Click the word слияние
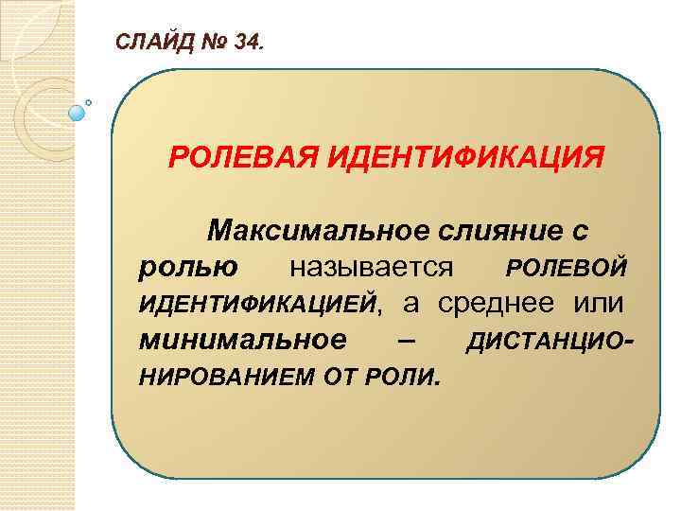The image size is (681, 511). [502, 230]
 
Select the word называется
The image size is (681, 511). [372, 267]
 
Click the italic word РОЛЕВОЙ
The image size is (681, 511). [566, 268]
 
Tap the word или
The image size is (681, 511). [598, 304]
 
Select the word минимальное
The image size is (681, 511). [242, 341]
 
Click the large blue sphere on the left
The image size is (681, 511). [77, 113]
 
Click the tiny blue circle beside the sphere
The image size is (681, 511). [88, 101]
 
